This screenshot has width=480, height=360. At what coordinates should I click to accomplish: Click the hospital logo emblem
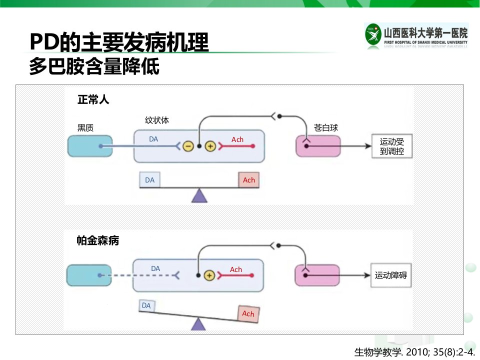(x=373, y=34)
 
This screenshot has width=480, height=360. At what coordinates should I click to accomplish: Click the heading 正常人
(x=93, y=100)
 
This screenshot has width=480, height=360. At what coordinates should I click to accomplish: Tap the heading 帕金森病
(x=97, y=240)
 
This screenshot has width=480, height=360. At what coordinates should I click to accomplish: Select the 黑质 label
(x=85, y=127)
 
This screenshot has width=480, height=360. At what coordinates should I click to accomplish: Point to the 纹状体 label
(x=157, y=120)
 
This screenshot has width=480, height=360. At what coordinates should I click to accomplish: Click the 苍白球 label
(x=325, y=127)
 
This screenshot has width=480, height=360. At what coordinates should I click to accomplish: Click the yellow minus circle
(x=188, y=146)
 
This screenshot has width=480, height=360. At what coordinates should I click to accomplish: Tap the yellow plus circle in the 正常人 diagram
(x=210, y=146)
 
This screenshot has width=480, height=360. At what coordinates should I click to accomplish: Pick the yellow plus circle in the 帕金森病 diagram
(x=209, y=275)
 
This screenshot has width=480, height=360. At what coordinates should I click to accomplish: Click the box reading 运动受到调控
(x=392, y=146)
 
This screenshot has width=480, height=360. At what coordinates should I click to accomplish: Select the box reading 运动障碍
(x=391, y=275)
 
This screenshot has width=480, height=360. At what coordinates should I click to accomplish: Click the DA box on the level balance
(x=149, y=180)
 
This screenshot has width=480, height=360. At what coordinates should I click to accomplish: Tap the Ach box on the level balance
(x=249, y=180)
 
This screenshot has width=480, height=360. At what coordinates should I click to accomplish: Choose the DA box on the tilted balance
(x=146, y=305)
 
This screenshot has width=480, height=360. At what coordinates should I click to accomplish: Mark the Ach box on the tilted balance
(x=248, y=314)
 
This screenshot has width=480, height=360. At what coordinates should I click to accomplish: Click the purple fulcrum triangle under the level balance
(x=199, y=195)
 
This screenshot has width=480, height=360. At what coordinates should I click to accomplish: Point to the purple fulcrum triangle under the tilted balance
(x=198, y=324)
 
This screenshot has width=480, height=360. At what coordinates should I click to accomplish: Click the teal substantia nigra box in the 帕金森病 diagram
(x=89, y=275)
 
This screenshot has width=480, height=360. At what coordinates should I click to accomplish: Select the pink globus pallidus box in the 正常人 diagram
(x=318, y=146)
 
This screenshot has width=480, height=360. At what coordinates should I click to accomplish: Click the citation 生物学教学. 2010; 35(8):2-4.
(x=414, y=352)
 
